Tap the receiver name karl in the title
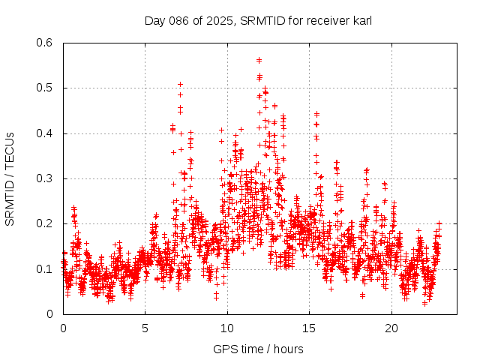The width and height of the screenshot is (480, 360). pos(362,20)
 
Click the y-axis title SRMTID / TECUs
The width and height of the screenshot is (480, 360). pos(10,178)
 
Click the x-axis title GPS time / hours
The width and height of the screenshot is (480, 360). pos(258,349)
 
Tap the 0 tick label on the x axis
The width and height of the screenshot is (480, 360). pos(63,328)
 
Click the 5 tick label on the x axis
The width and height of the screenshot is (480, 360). pos(145,328)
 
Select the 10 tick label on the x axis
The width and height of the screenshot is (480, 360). pos(227,328)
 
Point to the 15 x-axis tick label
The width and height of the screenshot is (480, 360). pos(309,328)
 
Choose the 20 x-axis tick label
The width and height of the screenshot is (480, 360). pos(391,328)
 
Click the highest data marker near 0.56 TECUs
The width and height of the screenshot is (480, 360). pos(259,60)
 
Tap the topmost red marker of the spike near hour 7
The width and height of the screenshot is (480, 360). pos(180,84)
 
